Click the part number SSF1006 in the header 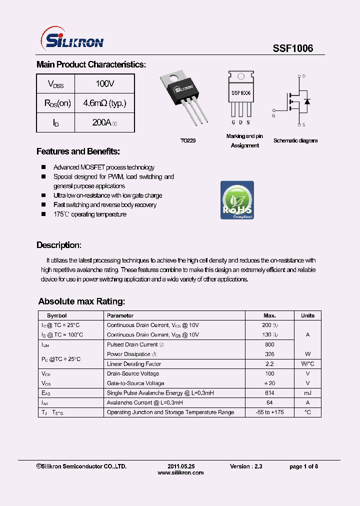292,48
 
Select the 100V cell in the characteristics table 104,83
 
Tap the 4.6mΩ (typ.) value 104,103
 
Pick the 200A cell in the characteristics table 104,122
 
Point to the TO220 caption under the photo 188,141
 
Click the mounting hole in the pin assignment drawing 241,76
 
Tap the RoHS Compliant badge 237,200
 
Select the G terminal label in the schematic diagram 273,115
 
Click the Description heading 58,245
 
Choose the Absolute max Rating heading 81,301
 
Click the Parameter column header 120,315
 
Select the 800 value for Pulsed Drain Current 269,344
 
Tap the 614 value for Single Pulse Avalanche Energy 269,393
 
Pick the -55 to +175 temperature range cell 269,412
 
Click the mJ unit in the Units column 307,393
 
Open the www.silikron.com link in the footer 180,472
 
